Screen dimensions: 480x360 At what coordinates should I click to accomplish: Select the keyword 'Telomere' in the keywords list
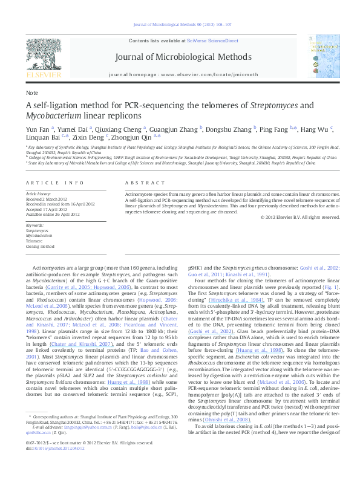click(x=34, y=241)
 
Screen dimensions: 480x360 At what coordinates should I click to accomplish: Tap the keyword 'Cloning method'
click(x=40, y=247)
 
